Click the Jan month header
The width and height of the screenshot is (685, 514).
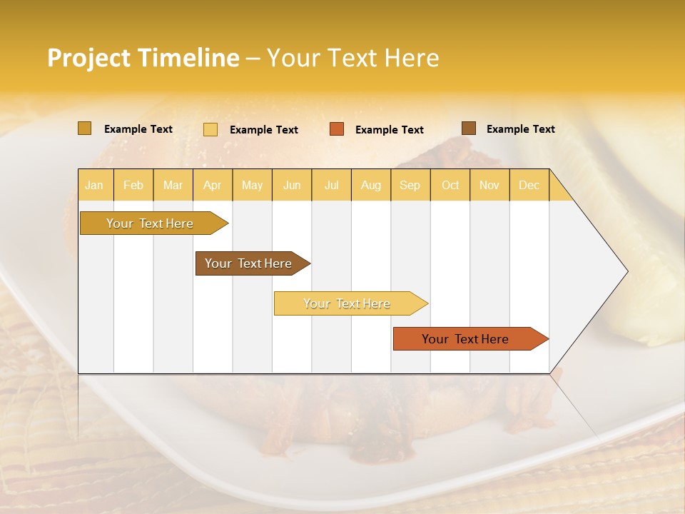click(x=95, y=185)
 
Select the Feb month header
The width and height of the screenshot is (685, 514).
click(x=133, y=185)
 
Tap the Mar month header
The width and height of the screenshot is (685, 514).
click(x=173, y=185)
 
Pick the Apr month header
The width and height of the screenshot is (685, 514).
click(x=213, y=185)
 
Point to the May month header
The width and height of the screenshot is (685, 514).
click(x=252, y=185)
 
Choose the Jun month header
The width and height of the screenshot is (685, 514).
click(x=292, y=185)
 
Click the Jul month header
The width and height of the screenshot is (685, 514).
click(x=331, y=185)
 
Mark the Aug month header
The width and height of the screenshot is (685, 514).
click(x=371, y=185)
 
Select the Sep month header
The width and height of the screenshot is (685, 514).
click(x=410, y=185)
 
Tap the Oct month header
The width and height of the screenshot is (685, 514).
click(x=450, y=185)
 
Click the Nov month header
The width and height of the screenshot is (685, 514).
click(x=489, y=185)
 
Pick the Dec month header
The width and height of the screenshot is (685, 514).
click(x=529, y=185)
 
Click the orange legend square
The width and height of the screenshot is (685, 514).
click(x=337, y=129)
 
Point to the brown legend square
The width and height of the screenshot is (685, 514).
click(x=469, y=128)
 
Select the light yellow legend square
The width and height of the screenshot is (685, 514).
click(x=210, y=129)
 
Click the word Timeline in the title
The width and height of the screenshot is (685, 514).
click(x=188, y=58)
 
